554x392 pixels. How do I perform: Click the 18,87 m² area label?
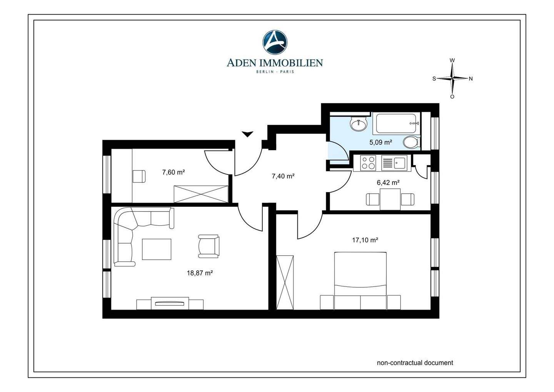tap(200, 273)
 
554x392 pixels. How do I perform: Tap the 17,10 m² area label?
tap(365, 240)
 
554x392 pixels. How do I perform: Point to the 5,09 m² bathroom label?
tap(380, 142)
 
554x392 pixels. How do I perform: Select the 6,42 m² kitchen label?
tap(388, 183)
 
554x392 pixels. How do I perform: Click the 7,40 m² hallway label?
tap(283, 176)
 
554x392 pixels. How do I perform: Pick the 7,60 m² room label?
tap(174, 172)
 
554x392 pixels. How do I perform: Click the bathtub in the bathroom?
tap(398, 123)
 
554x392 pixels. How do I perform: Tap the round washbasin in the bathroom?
tap(358, 123)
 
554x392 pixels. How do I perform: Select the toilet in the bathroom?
tap(411, 142)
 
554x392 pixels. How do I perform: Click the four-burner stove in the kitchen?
tap(368, 162)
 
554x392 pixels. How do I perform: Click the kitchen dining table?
tap(390, 199)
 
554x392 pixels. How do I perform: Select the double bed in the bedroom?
tap(360, 281)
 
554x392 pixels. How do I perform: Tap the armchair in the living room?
tap(209, 246)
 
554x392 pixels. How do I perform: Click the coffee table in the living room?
tap(157, 249)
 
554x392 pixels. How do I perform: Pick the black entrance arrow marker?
tap(247, 134)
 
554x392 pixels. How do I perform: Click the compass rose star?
tap(452, 79)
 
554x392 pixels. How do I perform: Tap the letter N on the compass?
tap(471, 79)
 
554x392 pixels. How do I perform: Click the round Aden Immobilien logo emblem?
tap(275, 42)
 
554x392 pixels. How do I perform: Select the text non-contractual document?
tap(415, 363)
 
